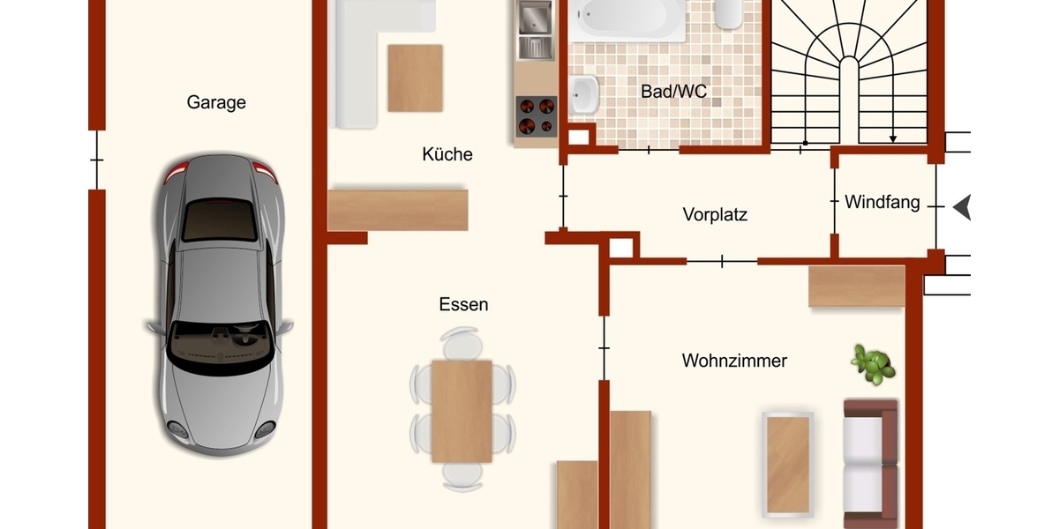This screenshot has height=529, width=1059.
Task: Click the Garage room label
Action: (216, 102)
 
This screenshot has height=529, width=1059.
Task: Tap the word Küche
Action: (447, 154)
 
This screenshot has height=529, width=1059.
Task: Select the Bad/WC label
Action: (674, 91)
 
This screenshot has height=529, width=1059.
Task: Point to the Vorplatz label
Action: (715, 213)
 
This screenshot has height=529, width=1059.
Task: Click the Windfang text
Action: (882, 202)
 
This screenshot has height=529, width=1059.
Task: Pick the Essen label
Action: (463, 304)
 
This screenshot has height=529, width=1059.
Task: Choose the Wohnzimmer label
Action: (734, 361)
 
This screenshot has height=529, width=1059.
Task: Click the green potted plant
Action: (873, 364)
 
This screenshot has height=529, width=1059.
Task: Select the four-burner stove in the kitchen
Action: (536, 115)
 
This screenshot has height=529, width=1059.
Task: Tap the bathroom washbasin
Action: (583, 94)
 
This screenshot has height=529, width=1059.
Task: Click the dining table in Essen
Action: (462, 411)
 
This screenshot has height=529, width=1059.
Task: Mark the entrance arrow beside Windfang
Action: (961, 208)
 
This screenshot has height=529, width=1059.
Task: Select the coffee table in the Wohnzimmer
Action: (788, 463)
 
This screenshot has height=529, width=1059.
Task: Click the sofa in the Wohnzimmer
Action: (871, 463)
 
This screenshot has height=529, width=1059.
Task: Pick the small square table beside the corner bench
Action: (415, 78)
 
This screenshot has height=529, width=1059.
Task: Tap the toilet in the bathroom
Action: (728, 12)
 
